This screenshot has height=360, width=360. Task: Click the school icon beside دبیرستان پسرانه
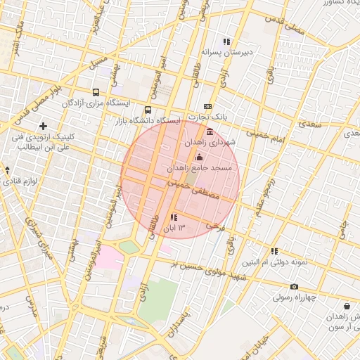[x=226, y=41]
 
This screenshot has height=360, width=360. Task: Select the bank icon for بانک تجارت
[x=207, y=105]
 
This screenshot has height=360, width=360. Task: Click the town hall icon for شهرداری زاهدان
[x=210, y=131]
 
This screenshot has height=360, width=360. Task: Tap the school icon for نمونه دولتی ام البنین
[x=274, y=251]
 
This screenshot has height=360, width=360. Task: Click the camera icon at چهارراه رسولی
[x=294, y=286]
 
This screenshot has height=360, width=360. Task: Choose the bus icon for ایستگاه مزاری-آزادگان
[x=96, y=92]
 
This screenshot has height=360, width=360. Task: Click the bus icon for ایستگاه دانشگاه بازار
[x=148, y=110]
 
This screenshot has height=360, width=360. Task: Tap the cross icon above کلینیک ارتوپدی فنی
[x=43, y=126]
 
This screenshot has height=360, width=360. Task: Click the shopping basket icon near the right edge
[x=347, y=306]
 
